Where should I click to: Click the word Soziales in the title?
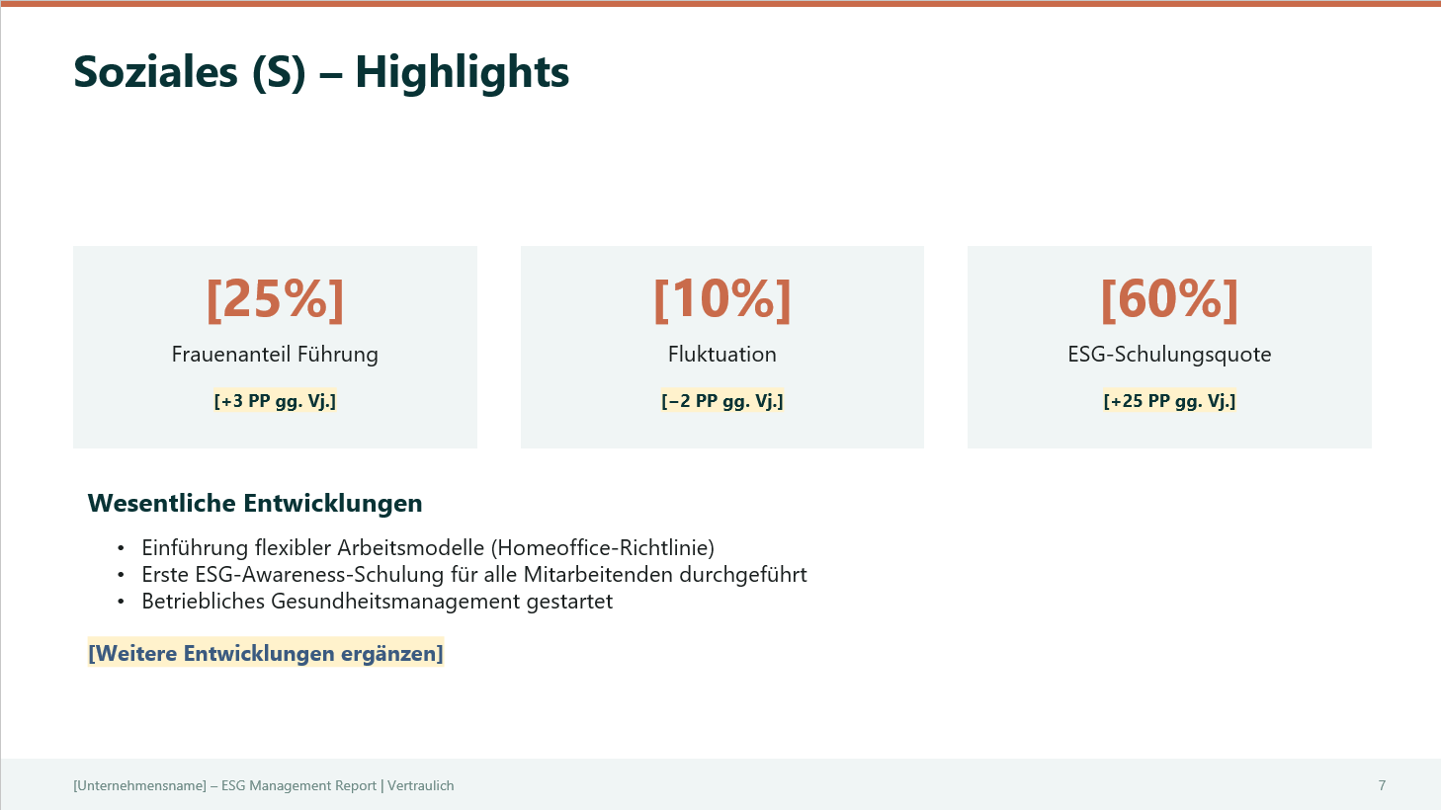155,72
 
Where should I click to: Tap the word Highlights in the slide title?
462,72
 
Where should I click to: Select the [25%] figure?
275,298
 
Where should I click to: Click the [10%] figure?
722,298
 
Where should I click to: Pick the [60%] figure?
1169,298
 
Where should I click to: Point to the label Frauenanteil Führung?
275,355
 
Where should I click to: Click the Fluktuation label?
722,355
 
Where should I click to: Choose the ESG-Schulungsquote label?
1169,355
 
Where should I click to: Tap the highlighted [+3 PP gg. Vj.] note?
275,401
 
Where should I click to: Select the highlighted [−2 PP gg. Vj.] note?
722,401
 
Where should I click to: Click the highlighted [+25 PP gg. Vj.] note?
1169,401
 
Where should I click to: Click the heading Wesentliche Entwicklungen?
255,504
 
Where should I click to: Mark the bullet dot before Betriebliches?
121,602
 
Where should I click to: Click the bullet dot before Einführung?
121,548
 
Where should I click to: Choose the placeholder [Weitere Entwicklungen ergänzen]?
266,654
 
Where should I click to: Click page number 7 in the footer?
1382,785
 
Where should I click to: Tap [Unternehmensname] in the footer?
139,786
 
